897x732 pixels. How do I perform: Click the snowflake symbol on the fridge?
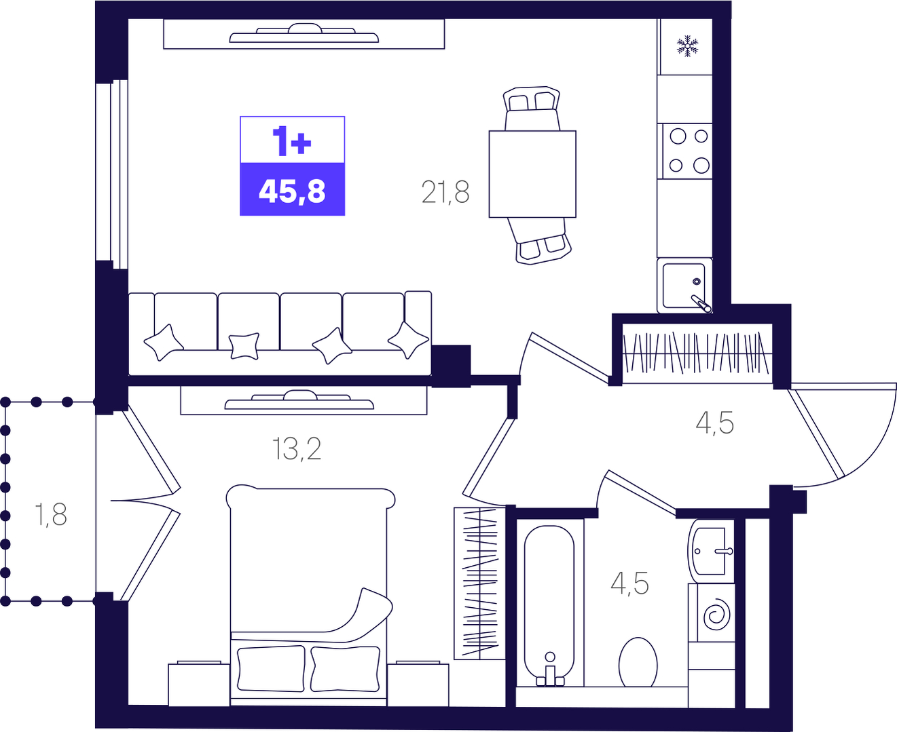click(687, 46)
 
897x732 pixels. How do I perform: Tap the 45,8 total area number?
click(292, 191)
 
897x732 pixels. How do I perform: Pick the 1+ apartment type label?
click(292, 141)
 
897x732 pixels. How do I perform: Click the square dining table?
click(532, 174)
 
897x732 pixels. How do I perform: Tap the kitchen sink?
click(684, 285)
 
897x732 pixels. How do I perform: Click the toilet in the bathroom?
click(638, 663)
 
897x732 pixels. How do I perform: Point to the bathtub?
click(549, 605)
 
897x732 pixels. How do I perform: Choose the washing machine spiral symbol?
click(717, 615)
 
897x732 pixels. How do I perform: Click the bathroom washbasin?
click(710, 551)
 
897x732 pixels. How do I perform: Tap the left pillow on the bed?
click(272, 668)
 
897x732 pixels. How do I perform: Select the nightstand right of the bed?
click(418, 684)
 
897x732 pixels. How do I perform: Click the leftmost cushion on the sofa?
click(164, 343)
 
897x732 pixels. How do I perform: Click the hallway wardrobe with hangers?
click(697, 353)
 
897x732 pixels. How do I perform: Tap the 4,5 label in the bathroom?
click(629, 583)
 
